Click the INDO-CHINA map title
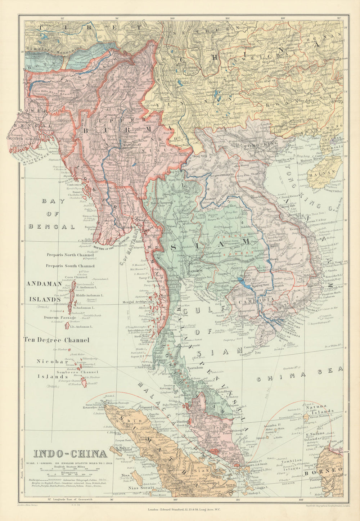pos(70,454)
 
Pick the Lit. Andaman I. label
pos(81,327)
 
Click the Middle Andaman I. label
pos(90,295)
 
